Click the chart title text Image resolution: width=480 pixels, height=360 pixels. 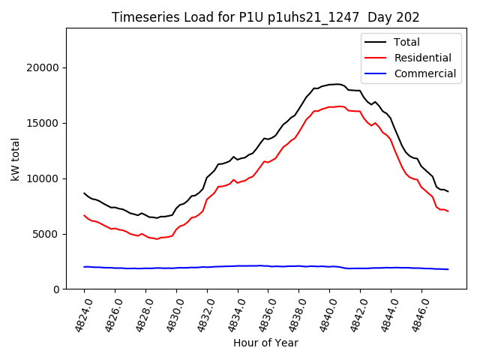(265, 17)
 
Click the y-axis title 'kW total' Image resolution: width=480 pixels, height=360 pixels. (16, 158)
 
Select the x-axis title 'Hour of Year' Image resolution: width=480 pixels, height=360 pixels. (265, 343)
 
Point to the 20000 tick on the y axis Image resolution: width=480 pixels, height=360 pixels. (44, 67)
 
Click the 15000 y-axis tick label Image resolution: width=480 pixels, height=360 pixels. (44, 123)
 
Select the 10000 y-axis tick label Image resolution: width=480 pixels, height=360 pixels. (44, 178)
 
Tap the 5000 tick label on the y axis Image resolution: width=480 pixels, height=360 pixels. (47, 234)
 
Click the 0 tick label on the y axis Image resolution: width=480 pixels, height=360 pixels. (56, 289)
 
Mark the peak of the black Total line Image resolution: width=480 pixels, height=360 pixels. (337, 84)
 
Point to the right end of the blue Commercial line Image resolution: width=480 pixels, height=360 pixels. (448, 269)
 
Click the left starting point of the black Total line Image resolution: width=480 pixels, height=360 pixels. (84, 193)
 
